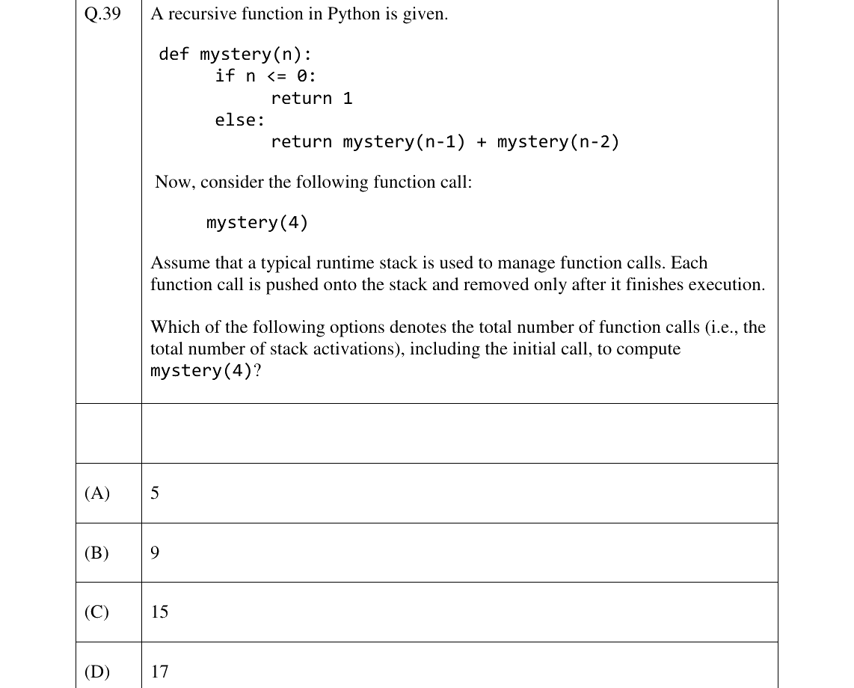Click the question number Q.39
(102, 13)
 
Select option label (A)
(97, 493)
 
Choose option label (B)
(96, 553)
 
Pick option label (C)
(96, 612)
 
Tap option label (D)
(97, 672)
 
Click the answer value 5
(155, 493)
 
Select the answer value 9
(155, 553)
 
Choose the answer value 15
(159, 612)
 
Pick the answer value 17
(159, 672)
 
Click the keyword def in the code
(173, 54)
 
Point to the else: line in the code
(239, 120)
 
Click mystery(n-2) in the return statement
(559, 142)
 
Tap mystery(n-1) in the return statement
(404, 142)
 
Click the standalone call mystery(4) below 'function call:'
(257, 223)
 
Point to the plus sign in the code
(482, 142)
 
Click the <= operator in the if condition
(277, 76)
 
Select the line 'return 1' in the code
(312, 99)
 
